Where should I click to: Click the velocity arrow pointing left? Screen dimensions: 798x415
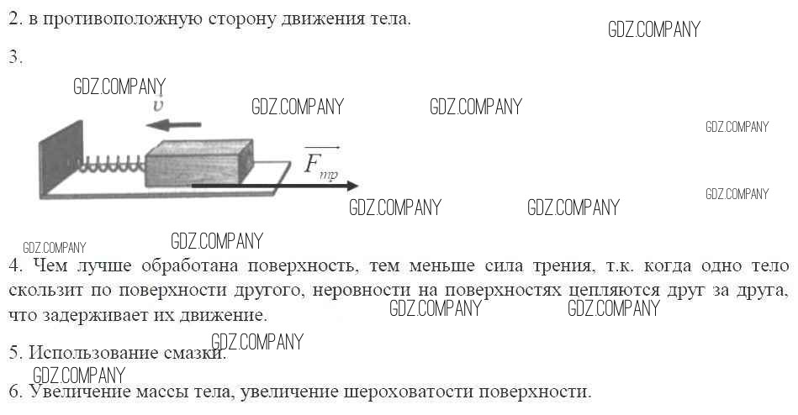[x=173, y=124]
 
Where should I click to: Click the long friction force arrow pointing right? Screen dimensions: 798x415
[x=275, y=186]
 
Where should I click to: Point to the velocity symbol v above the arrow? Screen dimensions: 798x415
[x=159, y=104]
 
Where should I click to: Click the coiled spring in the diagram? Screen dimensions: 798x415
[x=112, y=164]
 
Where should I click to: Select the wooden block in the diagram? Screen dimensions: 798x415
[x=199, y=163]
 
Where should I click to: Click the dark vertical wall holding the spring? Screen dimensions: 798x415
[x=61, y=159]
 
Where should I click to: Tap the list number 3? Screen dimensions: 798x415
[x=15, y=57]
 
